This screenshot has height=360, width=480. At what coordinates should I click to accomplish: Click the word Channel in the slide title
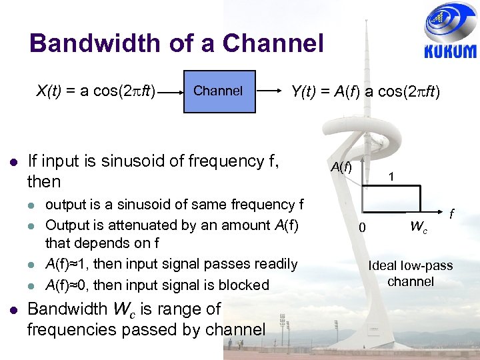pos(273,44)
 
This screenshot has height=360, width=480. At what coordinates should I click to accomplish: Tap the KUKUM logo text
pos(450,51)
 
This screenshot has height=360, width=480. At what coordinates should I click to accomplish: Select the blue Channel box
pos(219,91)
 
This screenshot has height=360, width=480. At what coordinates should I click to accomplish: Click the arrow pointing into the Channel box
pos(170,91)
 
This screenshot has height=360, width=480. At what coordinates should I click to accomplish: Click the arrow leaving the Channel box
pos(270,91)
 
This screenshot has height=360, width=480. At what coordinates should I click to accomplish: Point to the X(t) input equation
pos(96,91)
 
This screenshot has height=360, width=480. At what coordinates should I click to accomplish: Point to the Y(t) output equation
pos(365,91)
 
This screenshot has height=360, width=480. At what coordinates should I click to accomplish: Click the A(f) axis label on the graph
pos(341,167)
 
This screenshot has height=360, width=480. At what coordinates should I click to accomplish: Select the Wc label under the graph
pos(418,227)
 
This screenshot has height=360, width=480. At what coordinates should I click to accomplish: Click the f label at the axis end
pos(451,215)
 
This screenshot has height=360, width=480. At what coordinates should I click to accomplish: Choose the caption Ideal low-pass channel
pos(410,273)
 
